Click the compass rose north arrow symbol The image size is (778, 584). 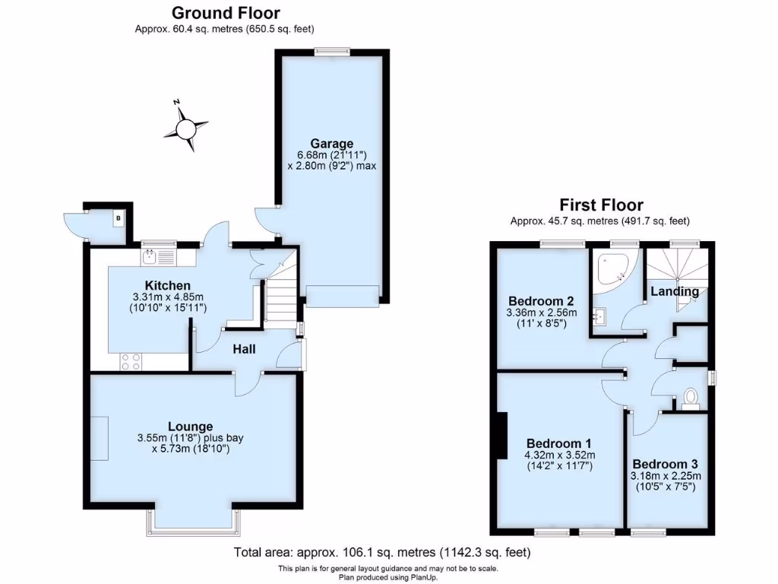pos(185,127)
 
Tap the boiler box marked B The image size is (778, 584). pos(119,220)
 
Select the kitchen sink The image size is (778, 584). pos(158,257)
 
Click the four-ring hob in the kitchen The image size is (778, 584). pos(130,362)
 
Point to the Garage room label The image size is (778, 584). pos(331,143)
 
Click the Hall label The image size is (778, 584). pos(244,349)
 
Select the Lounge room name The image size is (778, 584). pos(190,426)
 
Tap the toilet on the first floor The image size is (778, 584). pos(691,397)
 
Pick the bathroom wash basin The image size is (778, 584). pos(599,315)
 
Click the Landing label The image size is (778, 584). pos(675,291)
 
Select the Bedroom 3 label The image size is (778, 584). pos(665,464)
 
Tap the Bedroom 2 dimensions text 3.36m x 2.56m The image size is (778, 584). pos(542,313)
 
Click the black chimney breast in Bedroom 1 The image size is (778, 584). pos(502,434)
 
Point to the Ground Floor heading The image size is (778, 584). pos(225,13)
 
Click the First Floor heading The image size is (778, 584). pos(601,205)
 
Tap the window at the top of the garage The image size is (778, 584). pos(333,51)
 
